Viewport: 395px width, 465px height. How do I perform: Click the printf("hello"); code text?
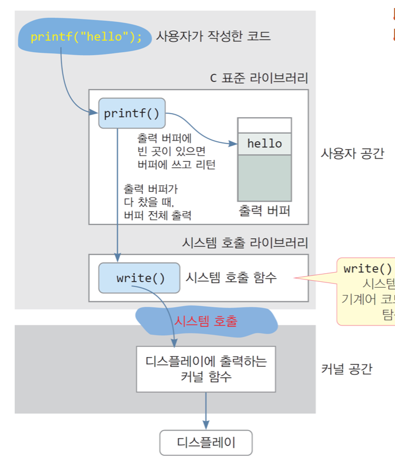[x=86, y=37]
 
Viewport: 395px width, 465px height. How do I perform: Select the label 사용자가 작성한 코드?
[x=213, y=36]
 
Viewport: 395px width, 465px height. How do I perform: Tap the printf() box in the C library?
[x=131, y=113]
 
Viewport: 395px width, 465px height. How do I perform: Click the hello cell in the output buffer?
[x=265, y=144]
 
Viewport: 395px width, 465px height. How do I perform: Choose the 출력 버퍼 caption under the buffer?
[x=265, y=211]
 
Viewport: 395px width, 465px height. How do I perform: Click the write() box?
[x=140, y=278]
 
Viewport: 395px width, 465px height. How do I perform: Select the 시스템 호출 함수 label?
[x=231, y=278]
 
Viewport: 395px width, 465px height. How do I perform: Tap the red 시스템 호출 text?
[x=205, y=321]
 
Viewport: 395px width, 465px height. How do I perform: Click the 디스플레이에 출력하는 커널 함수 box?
[x=206, y=369]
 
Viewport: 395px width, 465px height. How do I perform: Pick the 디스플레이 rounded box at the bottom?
[x=206, y=443]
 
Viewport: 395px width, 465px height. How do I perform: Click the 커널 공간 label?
[x=346, y=369]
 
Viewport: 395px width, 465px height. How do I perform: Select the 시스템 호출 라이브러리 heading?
[x=245, y=243]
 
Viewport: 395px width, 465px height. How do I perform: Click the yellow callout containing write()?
[x=367, y=290]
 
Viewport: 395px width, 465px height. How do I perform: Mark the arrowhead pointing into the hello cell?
[x=234, y=144]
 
